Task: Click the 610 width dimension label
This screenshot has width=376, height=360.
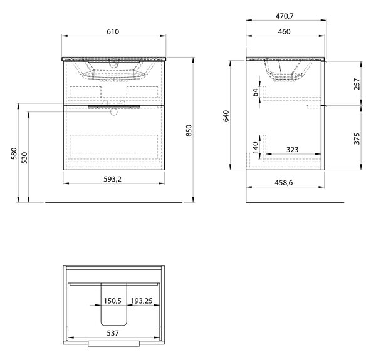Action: coord(113,31)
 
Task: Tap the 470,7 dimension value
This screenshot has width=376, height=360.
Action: coord(285,16)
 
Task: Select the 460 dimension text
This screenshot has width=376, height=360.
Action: coord(285,31)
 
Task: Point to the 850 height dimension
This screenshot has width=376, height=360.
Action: coord(189,130)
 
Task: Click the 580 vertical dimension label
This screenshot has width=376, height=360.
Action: coord(14,153)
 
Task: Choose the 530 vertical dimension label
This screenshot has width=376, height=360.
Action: coord(24,158)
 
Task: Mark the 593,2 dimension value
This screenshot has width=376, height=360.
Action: coord(112,179)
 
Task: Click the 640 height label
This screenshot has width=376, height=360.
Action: coord(226,116)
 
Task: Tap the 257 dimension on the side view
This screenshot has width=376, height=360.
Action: coord(357,84)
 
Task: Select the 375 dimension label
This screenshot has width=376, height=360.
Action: coord(357,139)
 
